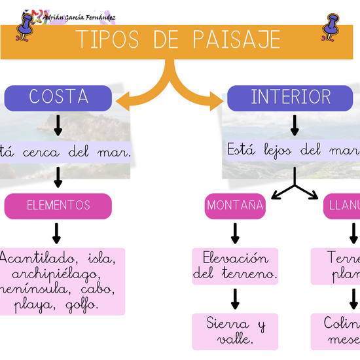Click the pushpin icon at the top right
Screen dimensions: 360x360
click(x=333, y=27)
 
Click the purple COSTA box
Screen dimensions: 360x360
click(x=58, y=98)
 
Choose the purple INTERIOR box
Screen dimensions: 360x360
click(x=291, y=98)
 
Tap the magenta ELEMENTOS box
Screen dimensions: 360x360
click(x=58, y=206)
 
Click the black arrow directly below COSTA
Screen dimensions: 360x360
click(x=58, y=124)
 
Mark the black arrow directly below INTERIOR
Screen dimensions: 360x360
click(x=295, y=124)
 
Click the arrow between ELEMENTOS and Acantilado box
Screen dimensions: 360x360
click(x=57, y=232)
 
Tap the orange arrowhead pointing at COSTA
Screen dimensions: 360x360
click(x=123, y=101)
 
